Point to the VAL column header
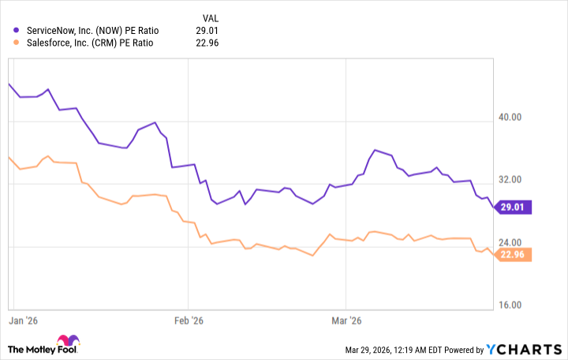(209, 17)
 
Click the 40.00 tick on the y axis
(510, 118)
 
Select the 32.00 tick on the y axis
(510, 179)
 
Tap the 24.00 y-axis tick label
(510, 242)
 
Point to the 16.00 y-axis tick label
(510, 304)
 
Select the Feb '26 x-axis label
(188, 321)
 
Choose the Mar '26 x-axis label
(346, 321)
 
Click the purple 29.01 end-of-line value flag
(514, 207)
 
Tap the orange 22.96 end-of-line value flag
(514, 254)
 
